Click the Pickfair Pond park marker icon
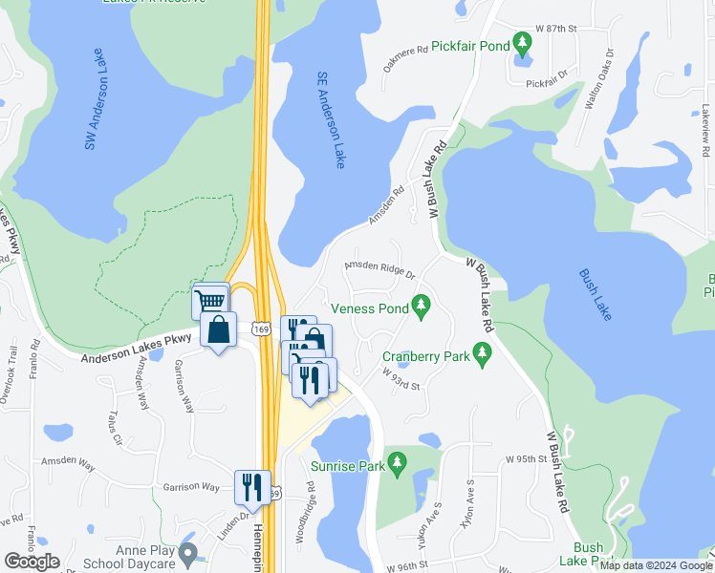point(522,43)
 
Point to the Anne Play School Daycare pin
point(187,552)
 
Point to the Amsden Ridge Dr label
point(380,271)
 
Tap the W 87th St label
point(559,30)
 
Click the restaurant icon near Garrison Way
point(252,486)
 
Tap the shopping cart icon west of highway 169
point(209,302)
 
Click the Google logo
point(32,562)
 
